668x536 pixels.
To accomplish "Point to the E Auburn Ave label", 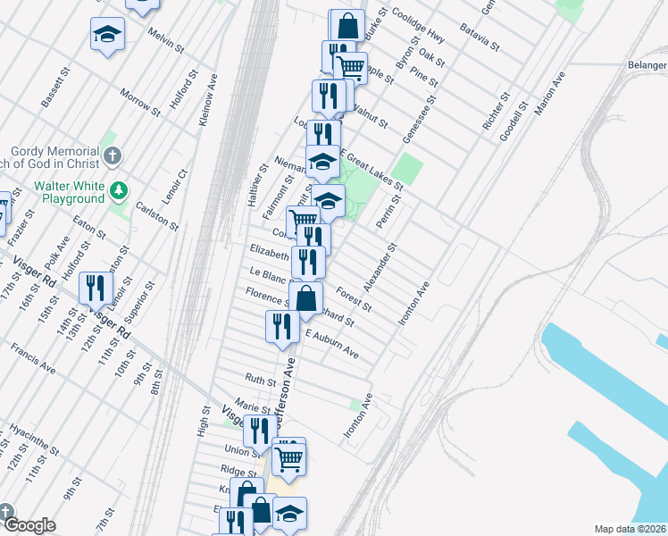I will (332, 345).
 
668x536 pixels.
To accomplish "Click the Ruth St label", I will (261, 380).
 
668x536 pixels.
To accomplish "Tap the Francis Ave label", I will (34, 356).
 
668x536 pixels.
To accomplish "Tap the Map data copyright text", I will (629, 529).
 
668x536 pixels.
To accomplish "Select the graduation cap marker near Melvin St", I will (108, 35).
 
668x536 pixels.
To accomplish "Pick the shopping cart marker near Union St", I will (288, 457).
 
